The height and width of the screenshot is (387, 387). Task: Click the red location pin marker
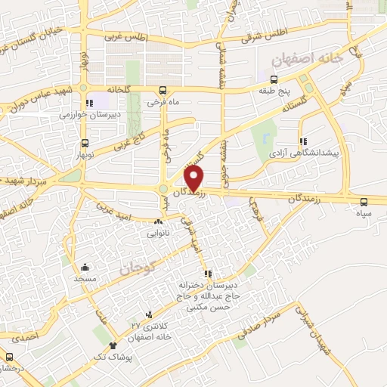(194, 178)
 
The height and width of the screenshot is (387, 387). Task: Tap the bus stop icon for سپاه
(364, 201)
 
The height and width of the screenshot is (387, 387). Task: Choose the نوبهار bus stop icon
(85, 142)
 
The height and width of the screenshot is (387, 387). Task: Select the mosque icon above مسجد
(85, 267)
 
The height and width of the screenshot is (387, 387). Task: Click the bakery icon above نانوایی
(158, 222)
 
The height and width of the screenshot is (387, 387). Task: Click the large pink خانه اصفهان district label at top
(311, 57)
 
